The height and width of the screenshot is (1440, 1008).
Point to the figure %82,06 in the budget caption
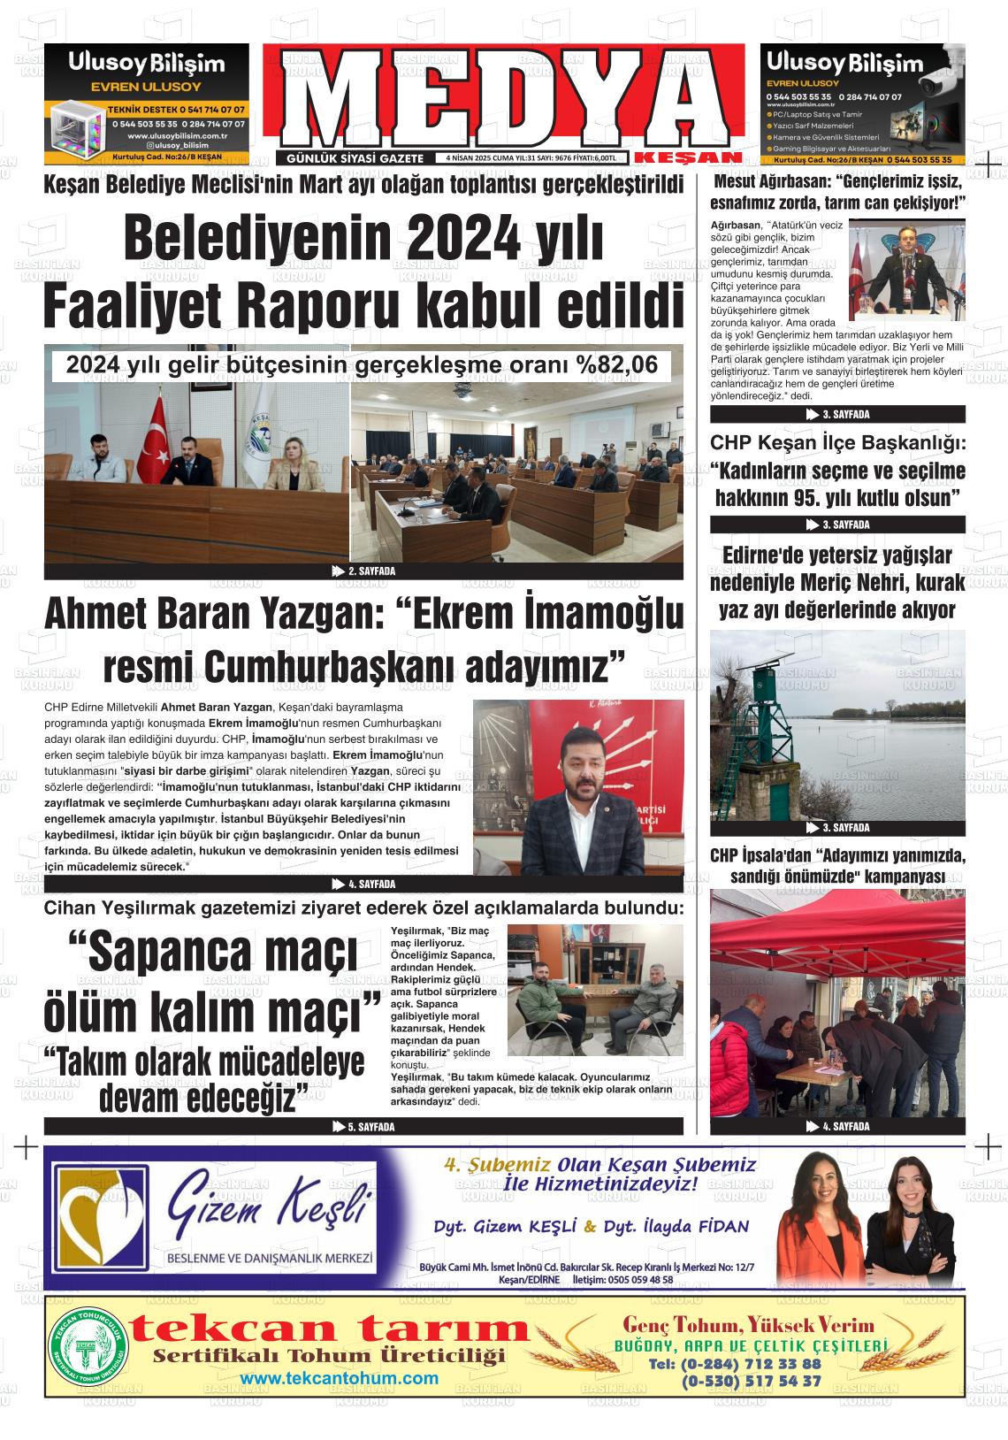622,364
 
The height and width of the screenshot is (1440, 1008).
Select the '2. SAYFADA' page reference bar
363,571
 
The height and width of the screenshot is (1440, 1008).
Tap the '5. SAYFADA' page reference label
363,1127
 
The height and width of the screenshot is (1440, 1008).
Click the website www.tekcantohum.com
339,1379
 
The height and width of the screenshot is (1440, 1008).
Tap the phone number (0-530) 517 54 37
751,1382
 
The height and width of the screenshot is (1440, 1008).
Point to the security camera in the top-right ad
940,84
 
